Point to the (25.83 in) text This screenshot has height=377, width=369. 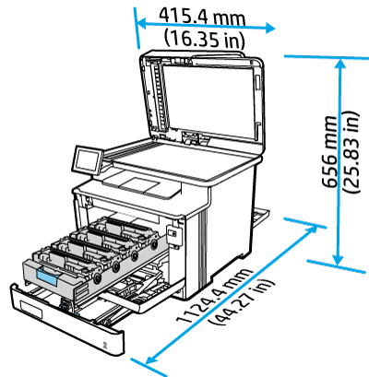351,152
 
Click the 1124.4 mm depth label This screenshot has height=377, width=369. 215,296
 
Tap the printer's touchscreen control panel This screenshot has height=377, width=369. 89,159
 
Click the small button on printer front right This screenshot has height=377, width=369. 174,236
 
